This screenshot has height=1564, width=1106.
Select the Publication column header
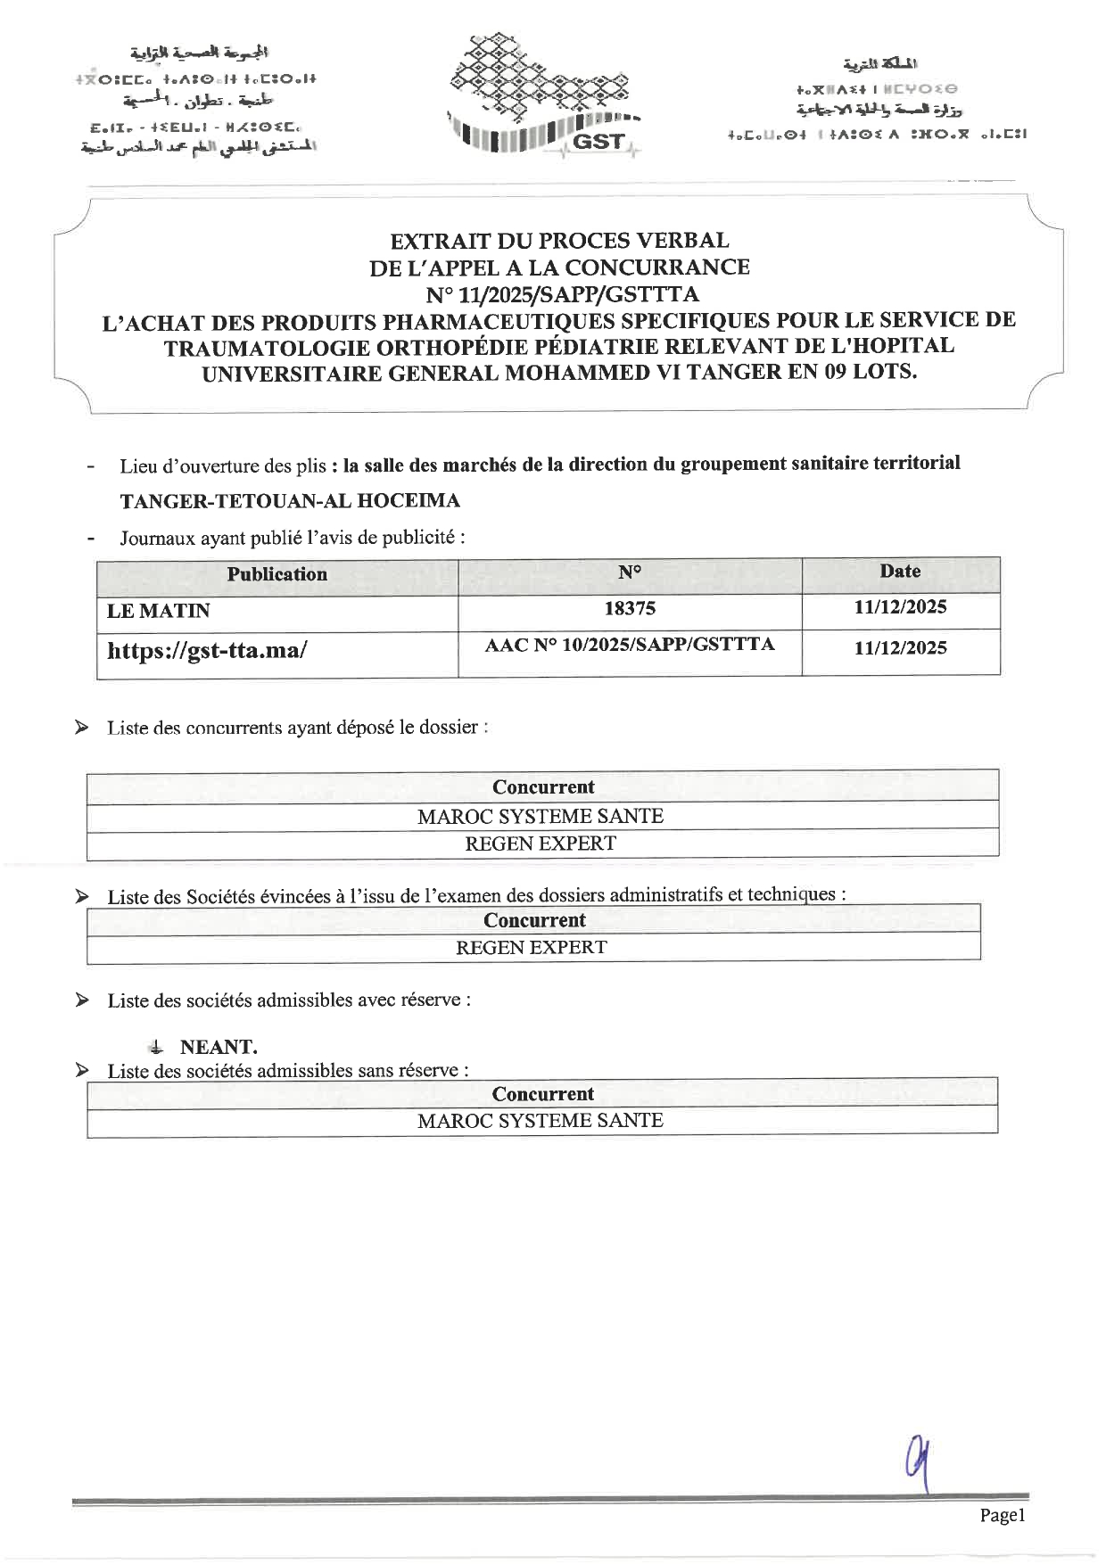pyautogui.click(x=276, y=574)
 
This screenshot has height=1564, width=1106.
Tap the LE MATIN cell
pyautogui.click(x=159, y=611)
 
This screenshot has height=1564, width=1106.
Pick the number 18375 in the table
pyautogui.click(x=630, y=608)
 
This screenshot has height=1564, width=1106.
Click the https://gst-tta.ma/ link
pyautogui.click(x=207, y=650)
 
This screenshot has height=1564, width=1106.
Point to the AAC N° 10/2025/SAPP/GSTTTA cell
pyautogui.click(x=630, y=645)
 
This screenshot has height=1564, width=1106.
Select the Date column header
pyautogui.click(x=900, y=572)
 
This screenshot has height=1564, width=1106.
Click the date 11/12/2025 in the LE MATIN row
pyautogui.click(x=900, y=608)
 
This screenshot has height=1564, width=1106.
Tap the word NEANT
pyautogui.click(x=219, y=1047)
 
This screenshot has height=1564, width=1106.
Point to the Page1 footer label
pyautogui.click(x=1003, y=1516)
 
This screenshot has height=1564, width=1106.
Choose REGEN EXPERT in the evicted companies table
pyautogui.click(x=532, y=948)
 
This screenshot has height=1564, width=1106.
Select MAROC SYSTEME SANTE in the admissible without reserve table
pyautogui.click(x=541, y=1121)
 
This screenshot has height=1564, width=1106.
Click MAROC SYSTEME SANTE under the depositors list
pyautogui.click(x=541, y=817)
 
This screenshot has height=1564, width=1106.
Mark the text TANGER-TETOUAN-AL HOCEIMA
pyautogui.click(x=290, y=500)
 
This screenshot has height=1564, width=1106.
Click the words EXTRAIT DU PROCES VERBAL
pyautogui.click(x=559, y=241)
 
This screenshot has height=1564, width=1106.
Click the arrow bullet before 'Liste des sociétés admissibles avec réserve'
pyautogui.click(x=83, y=1000)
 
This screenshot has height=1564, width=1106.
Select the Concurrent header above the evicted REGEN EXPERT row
pyautogui.click(x=534, y=921)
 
